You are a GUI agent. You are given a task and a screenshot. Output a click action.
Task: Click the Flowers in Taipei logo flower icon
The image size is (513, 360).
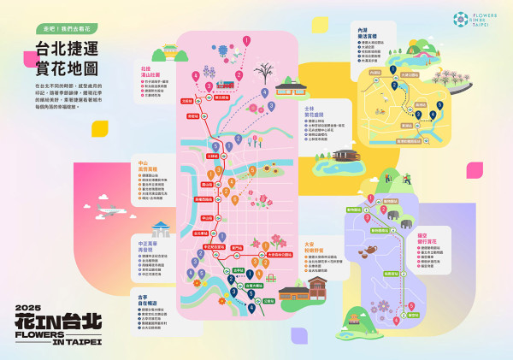(460, 18)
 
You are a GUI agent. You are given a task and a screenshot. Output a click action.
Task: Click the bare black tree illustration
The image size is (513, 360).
(263, 68)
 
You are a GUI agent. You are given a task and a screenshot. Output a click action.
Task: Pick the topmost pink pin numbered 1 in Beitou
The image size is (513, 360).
(246, 39)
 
